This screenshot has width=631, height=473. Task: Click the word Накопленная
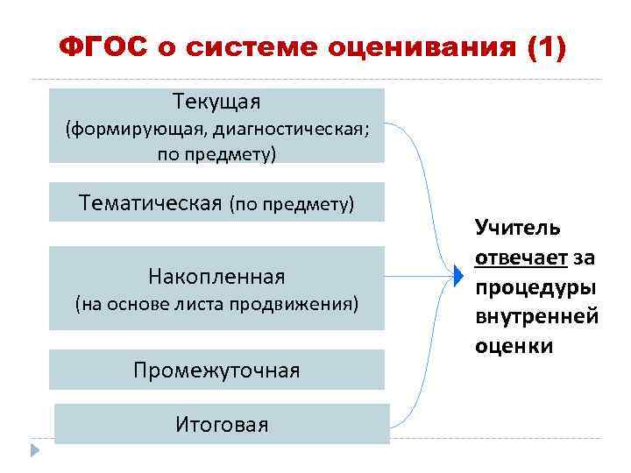click(x=216, y=277)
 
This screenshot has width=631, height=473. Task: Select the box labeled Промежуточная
click(x=216, y=370)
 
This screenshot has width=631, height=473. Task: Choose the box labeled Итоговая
click(x=222, y=425)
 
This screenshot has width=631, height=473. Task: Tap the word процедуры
click(x=535, y=286)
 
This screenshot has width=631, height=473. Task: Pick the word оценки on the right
click(x=514, y=345)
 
